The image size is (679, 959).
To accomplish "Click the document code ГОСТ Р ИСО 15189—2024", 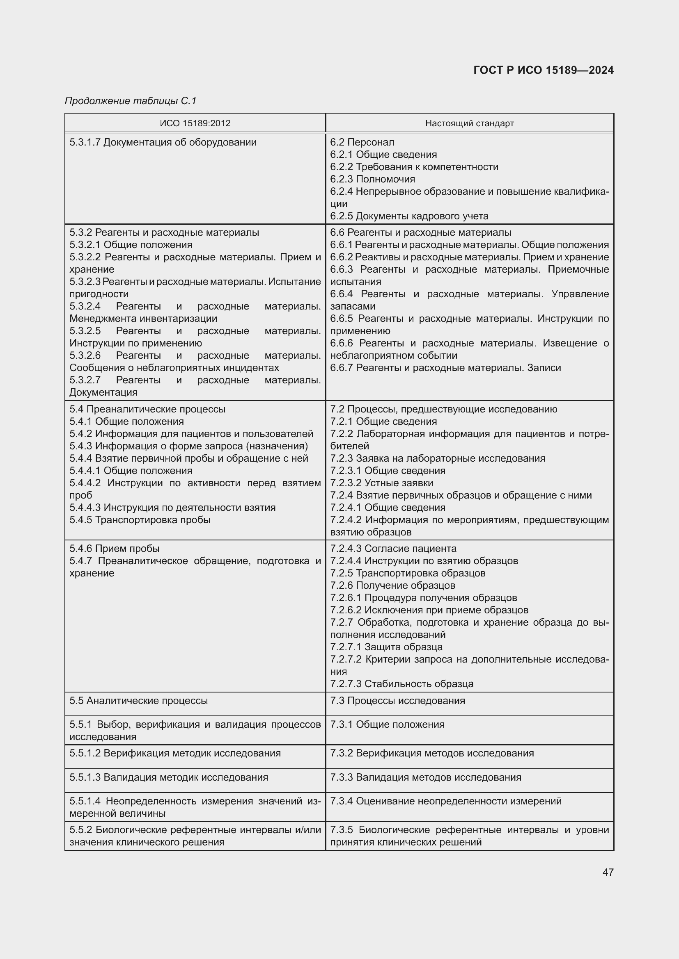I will [x=543, y=70].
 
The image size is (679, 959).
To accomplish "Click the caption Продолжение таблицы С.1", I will [x=131, y=101].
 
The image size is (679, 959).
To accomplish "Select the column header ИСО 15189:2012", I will [x=195, y=123].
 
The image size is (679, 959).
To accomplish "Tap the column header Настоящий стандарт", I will [x=469, y=123].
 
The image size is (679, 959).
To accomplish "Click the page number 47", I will [x=608, y=872].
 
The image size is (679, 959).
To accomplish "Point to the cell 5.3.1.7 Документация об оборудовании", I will [x=163, y=142].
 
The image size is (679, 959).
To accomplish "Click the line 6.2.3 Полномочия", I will [x=372, y=179].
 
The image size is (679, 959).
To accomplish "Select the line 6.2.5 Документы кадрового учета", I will [x=409, y=216].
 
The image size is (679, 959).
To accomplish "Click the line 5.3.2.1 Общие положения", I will [x=131, y=245].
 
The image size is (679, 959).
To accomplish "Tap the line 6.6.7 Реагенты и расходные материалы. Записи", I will [x=445, y=368].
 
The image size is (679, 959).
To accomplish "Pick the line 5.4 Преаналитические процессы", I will [x=147, y=409].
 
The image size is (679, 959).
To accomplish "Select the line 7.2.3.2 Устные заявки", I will [x=381, y=483].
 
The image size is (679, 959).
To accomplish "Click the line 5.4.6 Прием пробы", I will [x=115, y=549].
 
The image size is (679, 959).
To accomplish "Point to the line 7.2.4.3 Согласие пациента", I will [x=393, y=549].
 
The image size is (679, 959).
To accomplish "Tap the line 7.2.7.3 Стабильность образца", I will [x=401, y=684].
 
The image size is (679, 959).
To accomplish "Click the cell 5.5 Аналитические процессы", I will [x=138, y=700].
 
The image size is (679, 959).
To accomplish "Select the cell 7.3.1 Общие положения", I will [x=387, y=724].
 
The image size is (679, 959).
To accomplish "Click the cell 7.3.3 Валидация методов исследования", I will [x=426, y=777].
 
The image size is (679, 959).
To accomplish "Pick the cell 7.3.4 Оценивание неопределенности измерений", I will [x=446, y=801].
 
